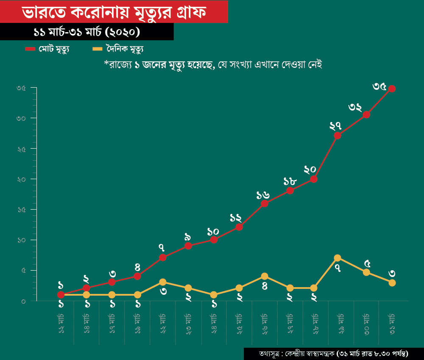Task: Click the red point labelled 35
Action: point(392,89)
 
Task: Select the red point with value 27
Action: point(338,136)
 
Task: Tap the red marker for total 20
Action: point(314,179)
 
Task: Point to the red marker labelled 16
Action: point(265,204)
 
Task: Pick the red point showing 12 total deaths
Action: point(239,227)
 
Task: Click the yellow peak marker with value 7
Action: point(338,258)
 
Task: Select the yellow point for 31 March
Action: point(392,282)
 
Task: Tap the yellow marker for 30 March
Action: point(366,272)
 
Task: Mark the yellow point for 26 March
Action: point(265,276)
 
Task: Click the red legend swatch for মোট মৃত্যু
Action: point(30,49)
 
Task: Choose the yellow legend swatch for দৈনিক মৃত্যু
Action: point(97,49)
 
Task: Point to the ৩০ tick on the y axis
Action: point(21,118)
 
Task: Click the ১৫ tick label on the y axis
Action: point(21,210)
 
